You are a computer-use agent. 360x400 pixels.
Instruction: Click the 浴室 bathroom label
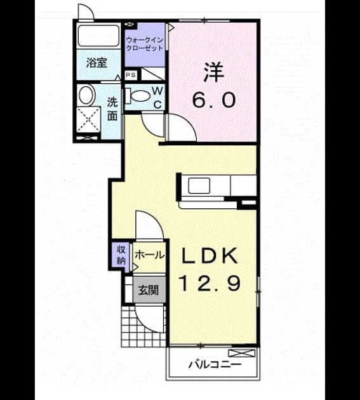(97, 63)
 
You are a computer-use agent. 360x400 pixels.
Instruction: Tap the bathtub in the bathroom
(99, 36)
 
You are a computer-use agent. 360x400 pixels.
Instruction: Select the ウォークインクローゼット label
(145, 44)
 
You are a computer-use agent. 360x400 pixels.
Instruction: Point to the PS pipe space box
(131, 75)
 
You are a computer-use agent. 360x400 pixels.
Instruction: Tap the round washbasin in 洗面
(86, 95)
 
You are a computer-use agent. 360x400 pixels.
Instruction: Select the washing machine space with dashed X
(88, 119)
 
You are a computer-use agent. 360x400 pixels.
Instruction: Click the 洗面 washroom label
(112, 109)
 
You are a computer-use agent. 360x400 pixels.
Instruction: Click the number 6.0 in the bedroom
(213, 100)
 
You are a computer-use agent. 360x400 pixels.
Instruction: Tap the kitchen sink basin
(199, 185)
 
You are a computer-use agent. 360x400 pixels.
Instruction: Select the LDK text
(209, 256)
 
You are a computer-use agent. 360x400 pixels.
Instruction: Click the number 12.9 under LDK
(211, 283)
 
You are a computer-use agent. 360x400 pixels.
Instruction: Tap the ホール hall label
(149, 255)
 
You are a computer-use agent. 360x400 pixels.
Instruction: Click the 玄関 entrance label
(149, 290)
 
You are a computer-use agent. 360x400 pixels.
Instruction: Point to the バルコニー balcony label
(215, 364)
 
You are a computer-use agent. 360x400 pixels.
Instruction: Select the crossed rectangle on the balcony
(242, 353)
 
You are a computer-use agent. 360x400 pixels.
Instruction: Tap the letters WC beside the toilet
(157, 97)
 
